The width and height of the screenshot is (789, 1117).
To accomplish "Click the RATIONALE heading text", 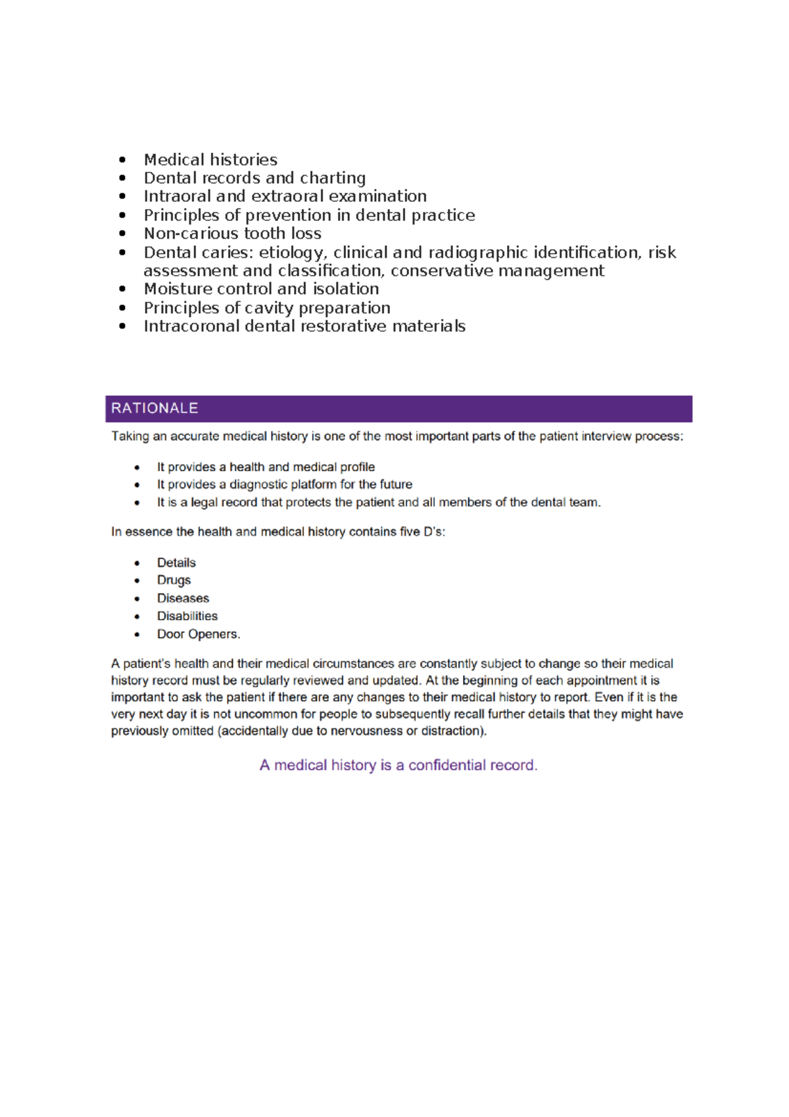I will click(155, 409).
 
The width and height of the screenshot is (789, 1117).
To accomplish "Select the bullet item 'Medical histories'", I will click(210, 160).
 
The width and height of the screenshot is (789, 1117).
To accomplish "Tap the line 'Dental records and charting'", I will click(254, 178).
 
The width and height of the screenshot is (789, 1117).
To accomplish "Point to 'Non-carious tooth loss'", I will click(232, 234).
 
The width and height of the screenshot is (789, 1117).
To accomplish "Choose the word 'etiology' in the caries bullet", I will click(291, 253).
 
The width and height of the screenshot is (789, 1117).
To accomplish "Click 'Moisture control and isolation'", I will click(261, 289).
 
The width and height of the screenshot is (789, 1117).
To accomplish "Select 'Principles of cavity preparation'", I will click(267, 308).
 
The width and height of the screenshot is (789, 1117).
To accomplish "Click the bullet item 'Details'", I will click(176, 563).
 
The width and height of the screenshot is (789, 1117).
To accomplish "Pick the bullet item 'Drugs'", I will click(174, 580).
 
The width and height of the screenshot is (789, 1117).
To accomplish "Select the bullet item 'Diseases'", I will click(183, 599).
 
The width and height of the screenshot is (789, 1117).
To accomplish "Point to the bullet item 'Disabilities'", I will click(187, 616).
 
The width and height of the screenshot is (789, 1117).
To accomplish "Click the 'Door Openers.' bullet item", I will click(199, 634).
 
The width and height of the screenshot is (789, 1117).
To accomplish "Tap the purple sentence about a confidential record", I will click(398, 765).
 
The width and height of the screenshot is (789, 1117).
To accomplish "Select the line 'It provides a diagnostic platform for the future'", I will click(284, 485).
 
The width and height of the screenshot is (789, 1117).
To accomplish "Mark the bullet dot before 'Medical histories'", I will click(122, 160).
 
